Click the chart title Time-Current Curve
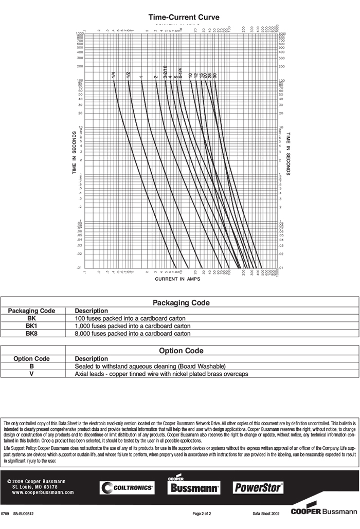point(184,17)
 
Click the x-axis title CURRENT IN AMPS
point(177,279)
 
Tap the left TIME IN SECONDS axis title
point(75,153)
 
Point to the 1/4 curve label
point(113,76)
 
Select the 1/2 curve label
point(128,75)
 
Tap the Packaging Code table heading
point(181,303)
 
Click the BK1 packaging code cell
point(31,326)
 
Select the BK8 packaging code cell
point(31,334)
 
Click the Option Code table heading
point(181,351)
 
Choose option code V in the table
point(31,374)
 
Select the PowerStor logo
point(259,487)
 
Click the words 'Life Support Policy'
point(20,448)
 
